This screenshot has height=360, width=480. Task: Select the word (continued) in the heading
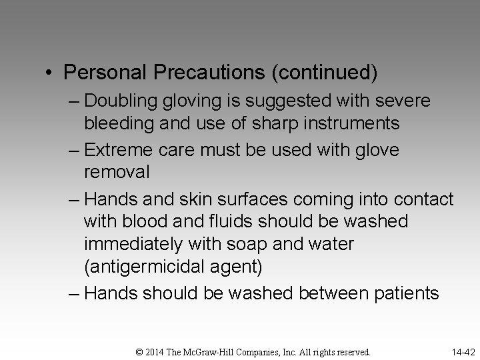323,73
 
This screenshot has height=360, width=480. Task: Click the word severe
405,101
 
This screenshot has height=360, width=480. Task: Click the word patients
402,293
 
